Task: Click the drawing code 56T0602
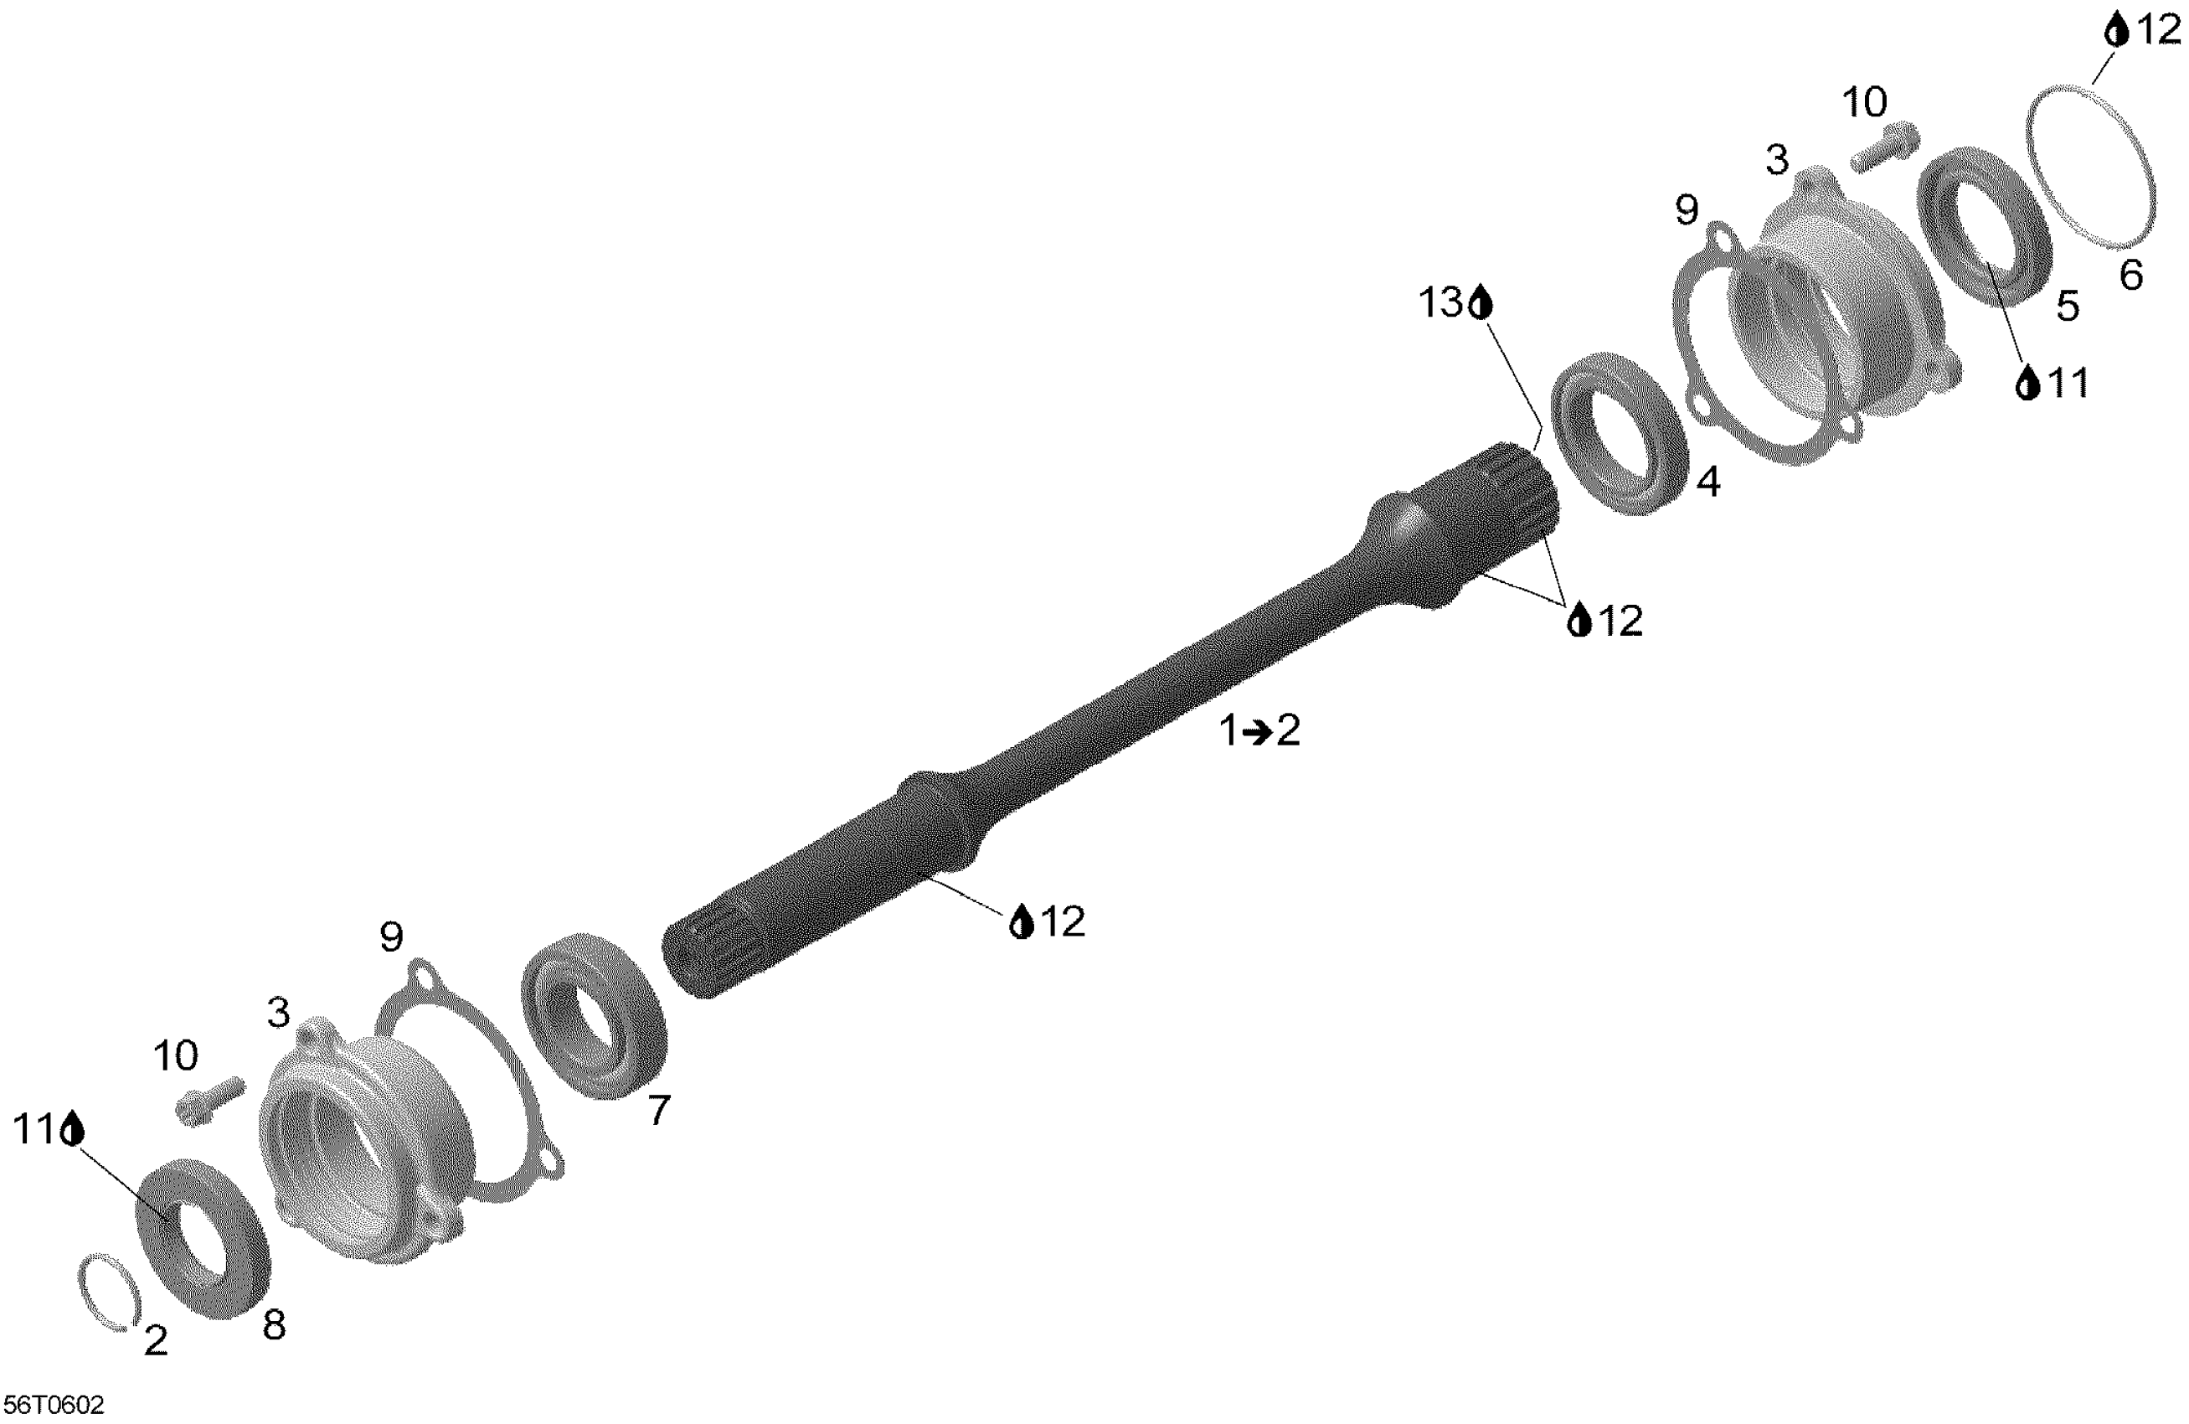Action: (54, 1406)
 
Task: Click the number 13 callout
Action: (1440, 302)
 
